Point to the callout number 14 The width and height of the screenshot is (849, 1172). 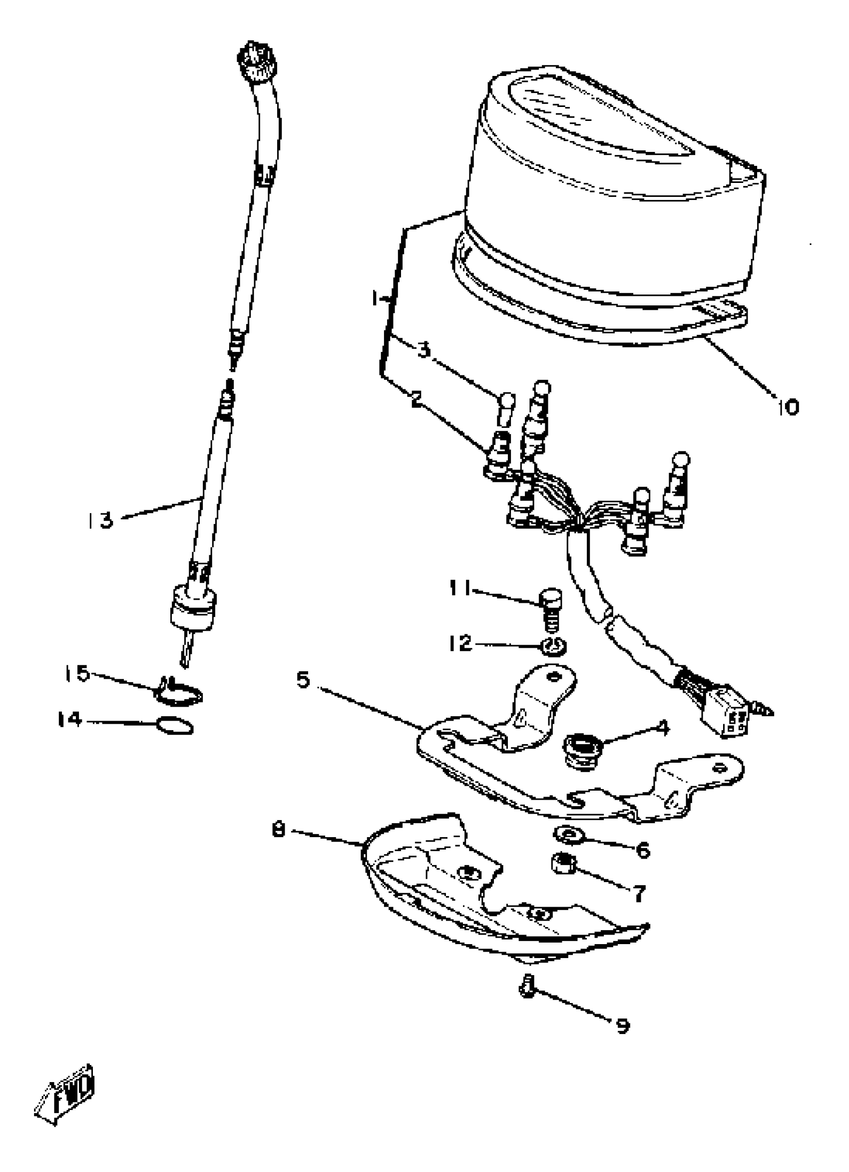(70, 719)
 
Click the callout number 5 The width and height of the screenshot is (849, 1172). (303, 680)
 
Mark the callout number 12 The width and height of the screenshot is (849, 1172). (460, 643)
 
